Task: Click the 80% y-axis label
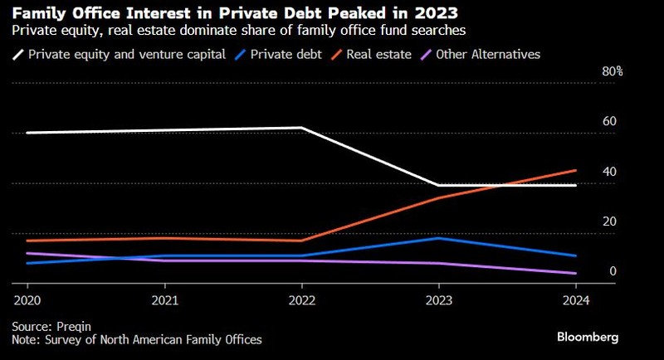click(612, 72)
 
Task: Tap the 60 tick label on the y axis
click(609, 121)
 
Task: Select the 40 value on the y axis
click(609, 172)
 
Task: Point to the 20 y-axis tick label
click(609, 221)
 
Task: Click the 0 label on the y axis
click(613, 271)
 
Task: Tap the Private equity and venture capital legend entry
click(122, 54)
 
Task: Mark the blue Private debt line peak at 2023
click(438, 238)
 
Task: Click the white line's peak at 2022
click(301, 128)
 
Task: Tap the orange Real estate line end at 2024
click(575, 171)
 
